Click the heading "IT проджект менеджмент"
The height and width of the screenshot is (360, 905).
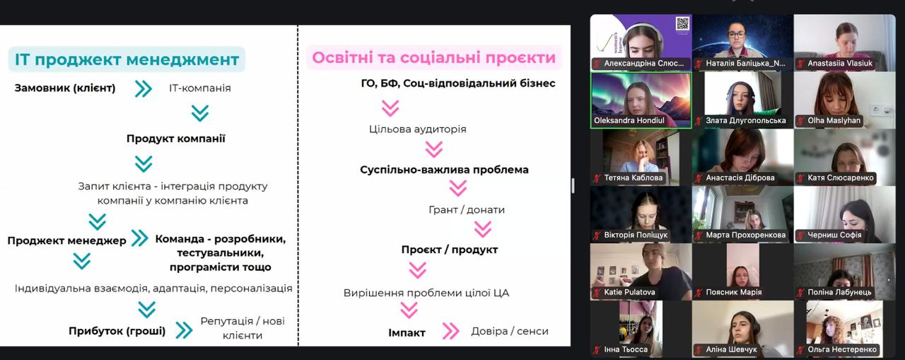point(127,59)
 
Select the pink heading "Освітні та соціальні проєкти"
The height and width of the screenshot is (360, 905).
point(434,57)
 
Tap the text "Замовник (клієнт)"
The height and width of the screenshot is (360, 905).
point(65,88)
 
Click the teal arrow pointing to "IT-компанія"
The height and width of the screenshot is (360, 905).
point(144,88)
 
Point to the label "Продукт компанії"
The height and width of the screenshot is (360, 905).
point(176,139)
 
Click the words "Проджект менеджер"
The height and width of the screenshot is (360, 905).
point(66,240)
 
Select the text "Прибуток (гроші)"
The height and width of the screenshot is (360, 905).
point(117,331)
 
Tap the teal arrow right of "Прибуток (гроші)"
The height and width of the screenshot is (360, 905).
point(184,330)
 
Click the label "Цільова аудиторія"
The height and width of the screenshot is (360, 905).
point(418,129)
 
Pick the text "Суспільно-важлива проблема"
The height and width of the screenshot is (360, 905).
point(444,170)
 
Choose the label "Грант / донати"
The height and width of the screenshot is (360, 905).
point(467,209)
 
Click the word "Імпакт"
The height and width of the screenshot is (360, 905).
point(407,333)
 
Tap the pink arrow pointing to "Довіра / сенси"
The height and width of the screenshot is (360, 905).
point(450,331)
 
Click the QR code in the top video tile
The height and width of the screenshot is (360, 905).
point(682,24)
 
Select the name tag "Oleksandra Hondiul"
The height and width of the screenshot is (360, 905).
point(629,120)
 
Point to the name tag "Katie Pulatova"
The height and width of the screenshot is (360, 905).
point(629,292)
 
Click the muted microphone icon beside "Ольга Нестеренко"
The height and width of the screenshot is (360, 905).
point(800,350)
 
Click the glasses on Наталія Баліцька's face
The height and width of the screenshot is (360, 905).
point(736,35)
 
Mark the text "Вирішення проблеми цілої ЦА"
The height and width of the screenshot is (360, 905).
point(426,293)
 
